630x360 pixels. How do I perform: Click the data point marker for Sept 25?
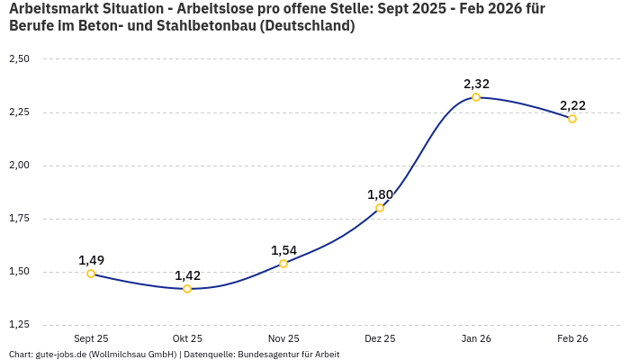click(x=91, y=274)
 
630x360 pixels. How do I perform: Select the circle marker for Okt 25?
click(x=187, y=289)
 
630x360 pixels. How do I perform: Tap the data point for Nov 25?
click(x=283, y=264)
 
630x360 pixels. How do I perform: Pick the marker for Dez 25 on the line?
click(x=380, y=208)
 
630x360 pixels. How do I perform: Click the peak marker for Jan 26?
click(x=476, y=97)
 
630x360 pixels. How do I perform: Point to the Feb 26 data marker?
click(x=572, y=119)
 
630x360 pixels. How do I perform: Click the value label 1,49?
click(x=91, y=260)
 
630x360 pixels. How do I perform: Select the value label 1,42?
click(x=187, y=275)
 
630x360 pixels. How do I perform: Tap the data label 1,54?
click(x=283, y=250)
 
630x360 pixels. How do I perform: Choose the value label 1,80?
click(x=380, y=194)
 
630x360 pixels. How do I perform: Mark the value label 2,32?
click(x=476, y=84)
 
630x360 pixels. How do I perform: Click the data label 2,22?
click(x=572, y=105)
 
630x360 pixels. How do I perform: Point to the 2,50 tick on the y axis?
click(x=19, y=59)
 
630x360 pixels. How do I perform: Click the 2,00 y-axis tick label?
click(x=19, y=166)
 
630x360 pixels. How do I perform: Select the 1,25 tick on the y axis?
click(x=19, y=325)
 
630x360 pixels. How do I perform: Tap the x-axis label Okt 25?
click(x=187, y=338)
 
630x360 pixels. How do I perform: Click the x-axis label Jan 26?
click(x=476, y=338)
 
